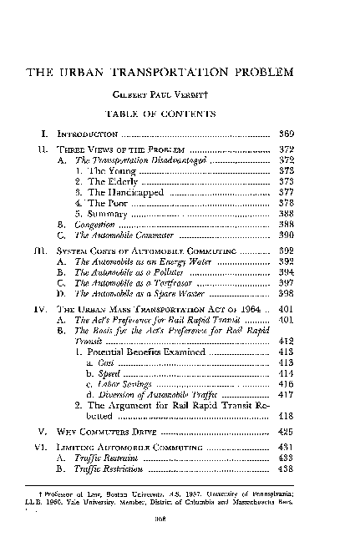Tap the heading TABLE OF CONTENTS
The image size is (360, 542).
(x=179, y=113)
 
